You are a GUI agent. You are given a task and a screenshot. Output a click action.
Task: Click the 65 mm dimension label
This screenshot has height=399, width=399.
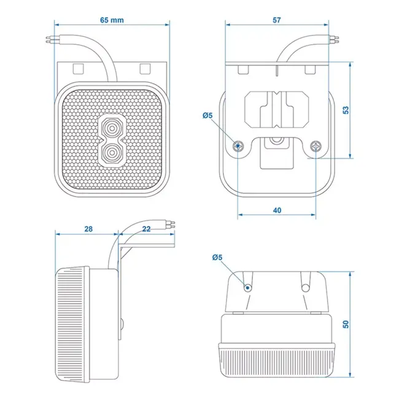pyautogui.click(x=111, y=20)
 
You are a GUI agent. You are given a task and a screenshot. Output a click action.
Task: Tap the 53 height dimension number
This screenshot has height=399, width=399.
pyautogui.click(x=346, y=110)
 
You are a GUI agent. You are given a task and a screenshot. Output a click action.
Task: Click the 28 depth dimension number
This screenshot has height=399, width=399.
pyautogui.click(x=88, y=229)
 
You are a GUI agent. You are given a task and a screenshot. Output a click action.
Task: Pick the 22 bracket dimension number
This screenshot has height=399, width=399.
pyautogui.click(x=146, y=229)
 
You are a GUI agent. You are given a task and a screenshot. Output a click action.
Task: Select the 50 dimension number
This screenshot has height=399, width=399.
pyautogui.click(x=346, y=323)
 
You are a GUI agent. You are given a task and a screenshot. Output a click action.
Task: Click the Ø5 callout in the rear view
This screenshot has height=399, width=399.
pyautogui.click(x=207, y=115)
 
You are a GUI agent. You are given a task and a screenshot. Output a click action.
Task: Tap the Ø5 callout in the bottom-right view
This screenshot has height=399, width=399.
pyautogui.click(x=217, y=257)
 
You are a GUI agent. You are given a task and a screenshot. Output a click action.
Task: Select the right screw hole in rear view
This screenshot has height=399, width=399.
pyautogui.click(x=316, y=145)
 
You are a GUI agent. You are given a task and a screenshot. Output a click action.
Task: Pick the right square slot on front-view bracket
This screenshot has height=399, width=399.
pyautogui.click(x=145, y=66)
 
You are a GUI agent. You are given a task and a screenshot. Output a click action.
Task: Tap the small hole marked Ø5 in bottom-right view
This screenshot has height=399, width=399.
pyautogui.click(x=247, y=287)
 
